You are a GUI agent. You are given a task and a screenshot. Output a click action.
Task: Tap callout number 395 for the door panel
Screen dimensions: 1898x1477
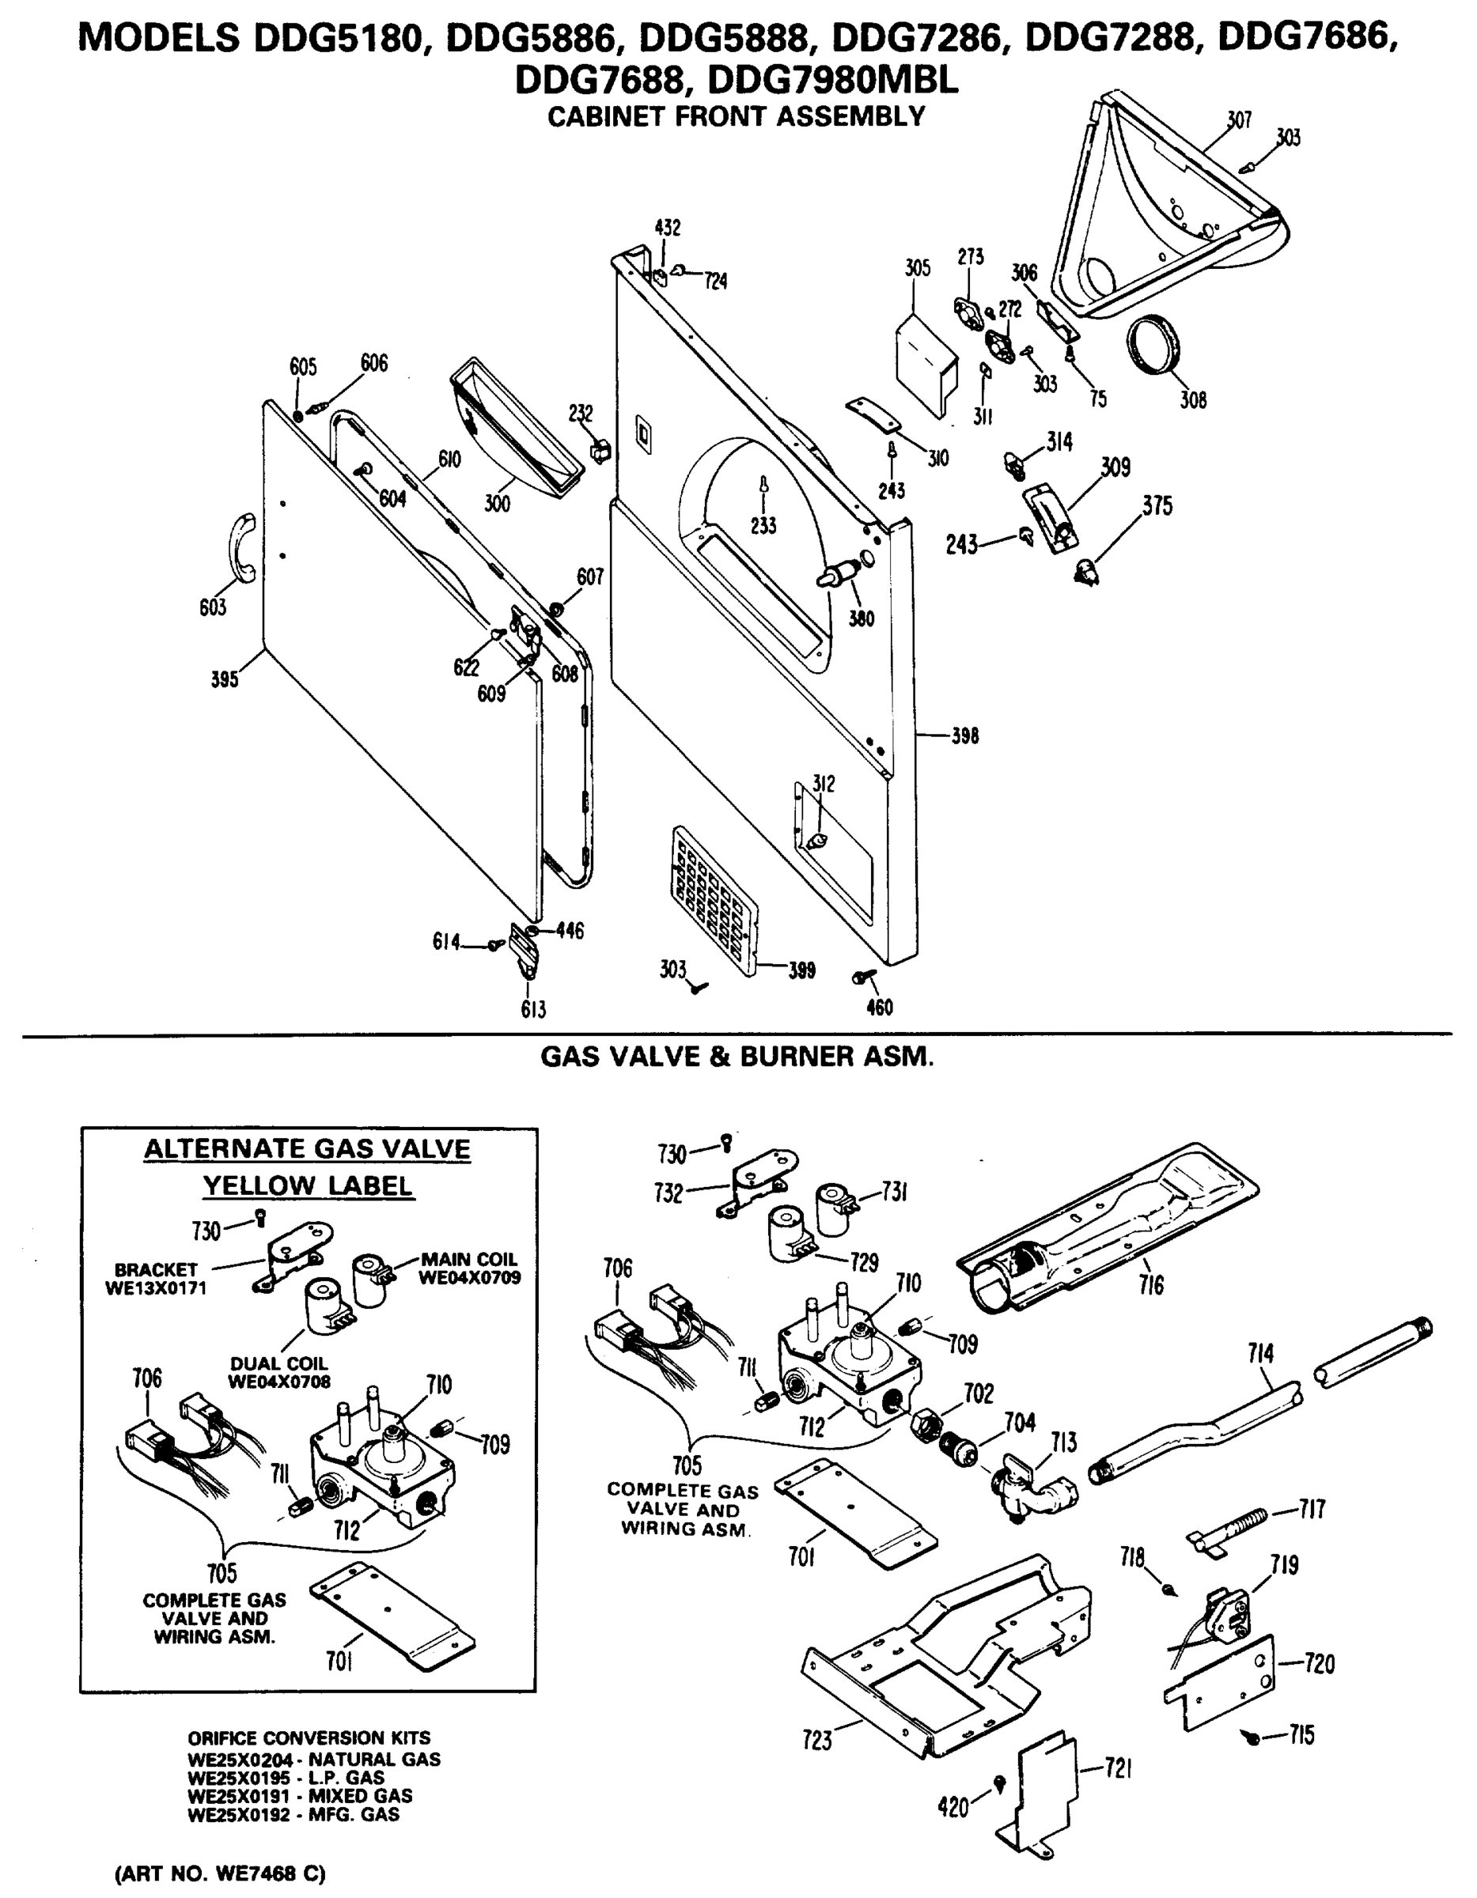(x=225, y=679)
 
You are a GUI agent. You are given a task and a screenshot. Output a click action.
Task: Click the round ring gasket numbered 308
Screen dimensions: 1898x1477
(x=1154, y=345)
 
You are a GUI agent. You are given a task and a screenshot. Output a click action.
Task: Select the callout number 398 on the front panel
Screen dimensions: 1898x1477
(x=964, y=736)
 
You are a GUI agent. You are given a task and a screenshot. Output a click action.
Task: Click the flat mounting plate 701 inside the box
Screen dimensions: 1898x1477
(x=393, y=1615)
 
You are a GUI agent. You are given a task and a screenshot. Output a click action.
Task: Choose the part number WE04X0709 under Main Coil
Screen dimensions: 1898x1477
(x=469, y=1277)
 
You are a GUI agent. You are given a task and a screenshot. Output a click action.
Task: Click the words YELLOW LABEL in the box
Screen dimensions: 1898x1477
(x=308, y=1186)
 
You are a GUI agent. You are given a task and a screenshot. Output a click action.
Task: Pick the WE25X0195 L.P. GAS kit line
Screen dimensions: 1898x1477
(x=287, y=1777)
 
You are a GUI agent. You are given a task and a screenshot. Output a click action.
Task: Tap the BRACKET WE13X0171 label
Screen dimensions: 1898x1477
(x=156, y=1278)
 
